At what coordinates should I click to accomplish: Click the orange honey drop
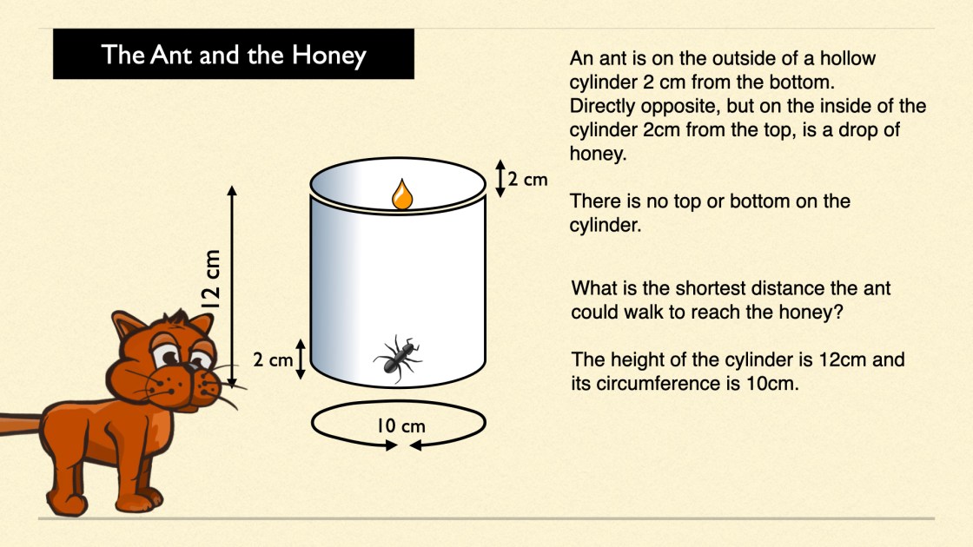pos(402,194)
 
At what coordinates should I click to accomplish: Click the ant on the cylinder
pos(397,359)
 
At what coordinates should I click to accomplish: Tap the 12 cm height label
pos(211,279)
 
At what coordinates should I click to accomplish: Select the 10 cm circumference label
pos(400,426)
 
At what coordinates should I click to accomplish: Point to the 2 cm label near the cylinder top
pos(527,179)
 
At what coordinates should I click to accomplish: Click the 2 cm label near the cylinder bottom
pos(273,359)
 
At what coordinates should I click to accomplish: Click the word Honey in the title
pos(329,56)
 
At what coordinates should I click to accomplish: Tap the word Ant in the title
pos(171,55)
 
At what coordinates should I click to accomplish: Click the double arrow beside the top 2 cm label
pos(500,179)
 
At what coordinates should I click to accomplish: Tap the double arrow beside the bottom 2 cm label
pos(301,359)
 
